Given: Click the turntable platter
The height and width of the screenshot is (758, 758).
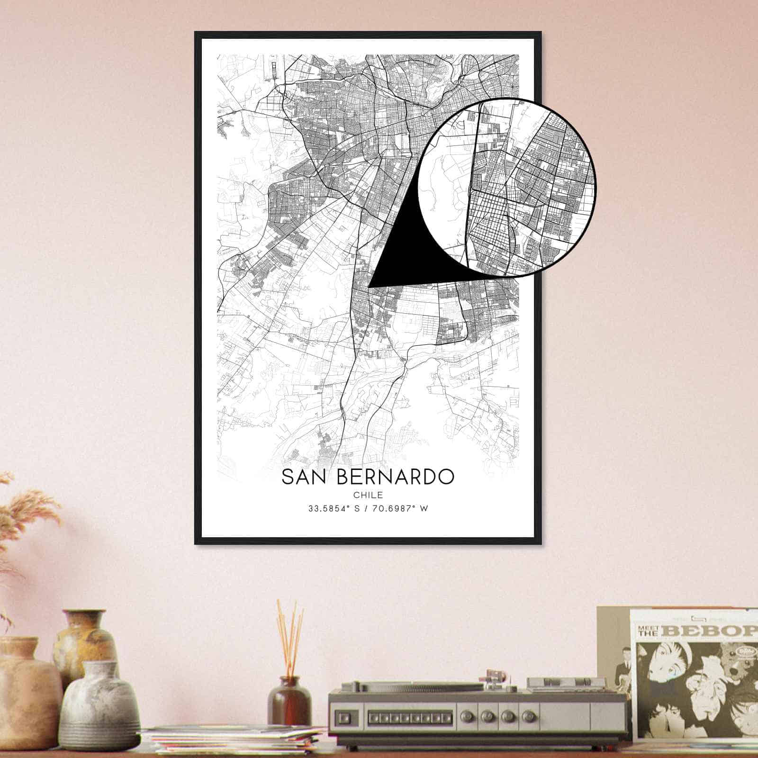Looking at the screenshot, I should (417, 686).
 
